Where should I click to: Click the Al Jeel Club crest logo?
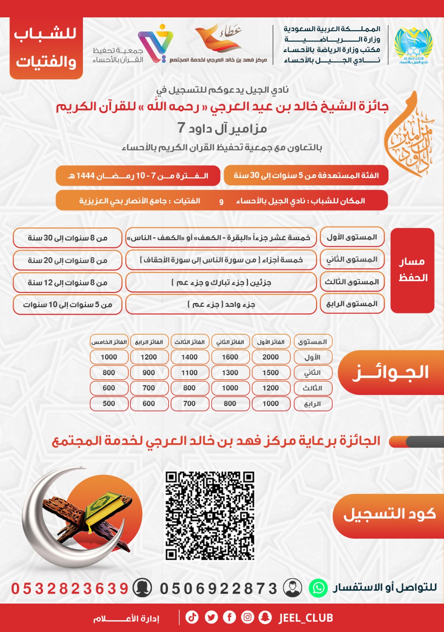coord(413,46)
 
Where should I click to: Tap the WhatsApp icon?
coord(318,588)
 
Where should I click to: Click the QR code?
coord(209,515)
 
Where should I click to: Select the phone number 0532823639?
coord(70,589)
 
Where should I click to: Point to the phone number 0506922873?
coord(218,589)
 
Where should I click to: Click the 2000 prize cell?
coord(271,357)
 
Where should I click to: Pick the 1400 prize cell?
coord(189,357)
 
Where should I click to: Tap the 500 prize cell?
coord(109,404)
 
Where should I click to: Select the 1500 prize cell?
coord(271,372)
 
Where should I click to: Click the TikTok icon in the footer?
coord(192,617)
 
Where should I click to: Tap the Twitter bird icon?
coord(211,617)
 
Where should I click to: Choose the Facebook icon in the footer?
coord(230,617)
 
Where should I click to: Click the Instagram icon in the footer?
coord(248,617)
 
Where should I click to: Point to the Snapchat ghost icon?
coord(265,617)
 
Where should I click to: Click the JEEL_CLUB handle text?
coord(306,618)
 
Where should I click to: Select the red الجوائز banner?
coord(390,372)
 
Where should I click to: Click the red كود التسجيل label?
coord(389,515)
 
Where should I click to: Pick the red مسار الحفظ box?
coord(412,270)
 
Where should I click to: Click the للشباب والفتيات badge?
coord(46,48)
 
